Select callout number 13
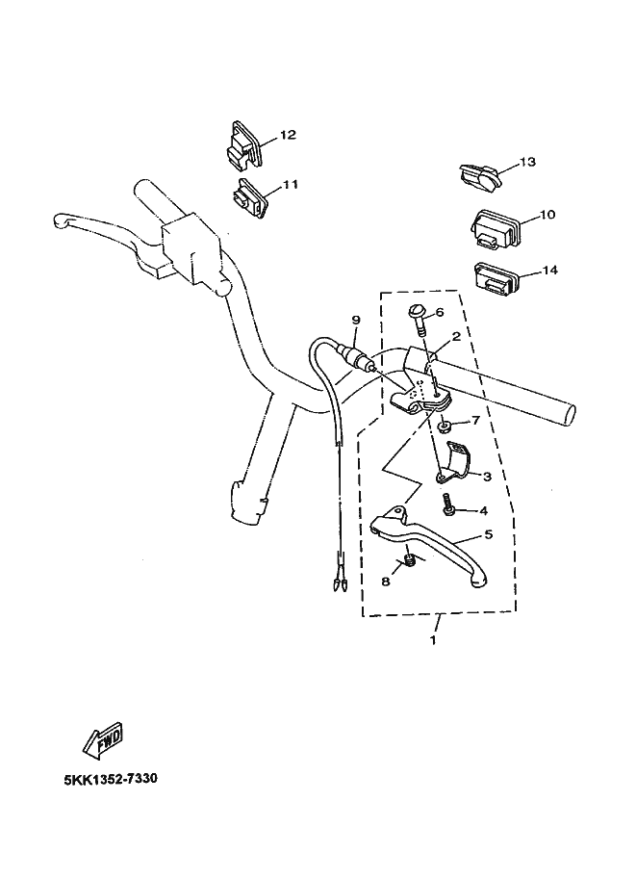(x=527, y=162)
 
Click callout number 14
(x=549, y=271)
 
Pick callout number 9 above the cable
(x=355, y=320)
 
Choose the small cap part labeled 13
(x=478, y=176)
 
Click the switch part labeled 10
(x=496, y=228)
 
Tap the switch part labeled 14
(x=496, y=280)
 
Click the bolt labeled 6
(x=419, y=322)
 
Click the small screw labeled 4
(x=448, y=504)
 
